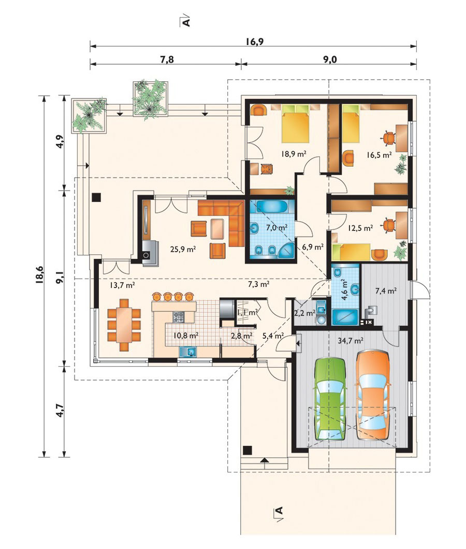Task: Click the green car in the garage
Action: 330,399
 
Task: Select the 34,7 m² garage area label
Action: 350,340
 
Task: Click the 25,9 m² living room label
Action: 183,249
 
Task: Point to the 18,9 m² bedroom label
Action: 294,153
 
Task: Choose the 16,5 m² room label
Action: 379,155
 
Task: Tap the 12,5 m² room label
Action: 360,228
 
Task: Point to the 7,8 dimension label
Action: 167,60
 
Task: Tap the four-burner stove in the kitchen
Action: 178,317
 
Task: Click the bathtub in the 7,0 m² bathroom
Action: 272,206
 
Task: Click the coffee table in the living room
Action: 217,228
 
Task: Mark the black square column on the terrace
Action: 96,197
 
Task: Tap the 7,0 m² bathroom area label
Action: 276,227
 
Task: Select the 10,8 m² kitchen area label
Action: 186,336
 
